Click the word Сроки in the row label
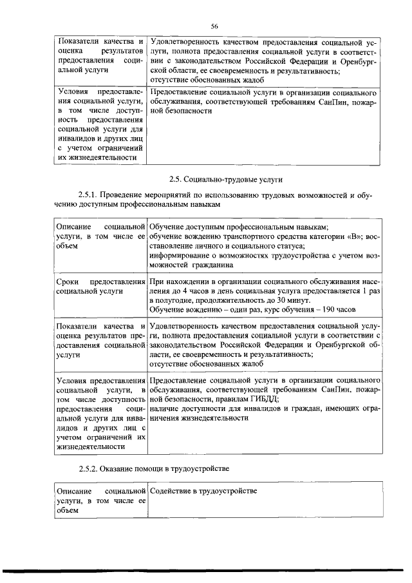coord(68,282)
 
